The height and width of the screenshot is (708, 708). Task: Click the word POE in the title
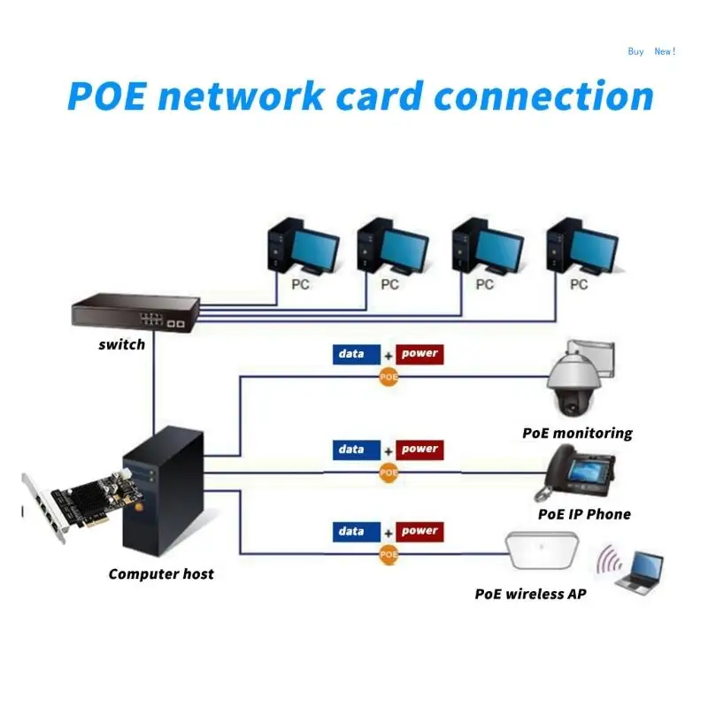[107, 96]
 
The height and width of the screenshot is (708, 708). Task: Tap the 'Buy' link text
[635, 51]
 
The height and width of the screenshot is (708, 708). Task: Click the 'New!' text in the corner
[665, 51]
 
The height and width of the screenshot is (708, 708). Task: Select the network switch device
[135, 312]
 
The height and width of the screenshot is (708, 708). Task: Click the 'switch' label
[122, 344]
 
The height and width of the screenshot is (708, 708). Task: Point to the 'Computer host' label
[161, 573]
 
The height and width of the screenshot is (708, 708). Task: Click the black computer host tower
[164, 491]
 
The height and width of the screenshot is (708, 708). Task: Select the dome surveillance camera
[580, 379]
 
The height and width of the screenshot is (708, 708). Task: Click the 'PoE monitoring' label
[578, 433]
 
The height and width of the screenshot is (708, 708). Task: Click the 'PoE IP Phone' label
[584, 514]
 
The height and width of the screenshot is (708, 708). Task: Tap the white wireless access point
[542, 550]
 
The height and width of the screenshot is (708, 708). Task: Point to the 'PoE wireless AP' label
[530, 594]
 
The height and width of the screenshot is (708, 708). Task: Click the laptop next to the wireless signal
[640, 571]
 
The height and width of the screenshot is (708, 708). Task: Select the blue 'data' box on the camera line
[357, 354]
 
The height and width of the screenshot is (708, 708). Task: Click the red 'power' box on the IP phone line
[419, 450]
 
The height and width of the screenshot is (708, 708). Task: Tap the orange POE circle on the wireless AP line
[389, 555]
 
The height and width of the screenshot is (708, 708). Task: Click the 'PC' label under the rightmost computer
[579, 284]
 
